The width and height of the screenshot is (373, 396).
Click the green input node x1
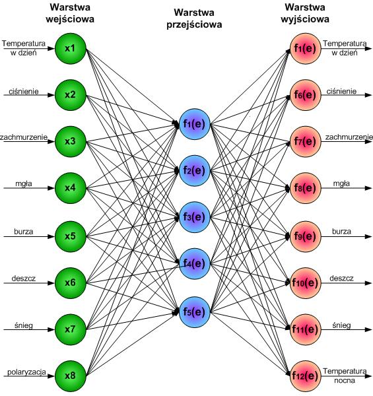71,48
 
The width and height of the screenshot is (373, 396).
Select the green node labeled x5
71,236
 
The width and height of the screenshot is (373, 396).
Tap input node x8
71,376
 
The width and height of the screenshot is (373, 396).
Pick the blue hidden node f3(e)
195,217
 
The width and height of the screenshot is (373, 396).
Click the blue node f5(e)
195,312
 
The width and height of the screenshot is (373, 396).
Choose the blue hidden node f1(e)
195,124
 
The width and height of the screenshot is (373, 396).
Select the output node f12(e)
305,376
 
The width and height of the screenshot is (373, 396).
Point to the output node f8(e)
305,188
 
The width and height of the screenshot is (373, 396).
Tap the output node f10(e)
305,282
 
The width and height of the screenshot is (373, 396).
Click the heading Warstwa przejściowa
194,18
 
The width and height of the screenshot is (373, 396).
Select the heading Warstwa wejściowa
70,13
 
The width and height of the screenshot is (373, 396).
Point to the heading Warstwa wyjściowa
305,13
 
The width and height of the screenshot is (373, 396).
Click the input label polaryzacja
26,372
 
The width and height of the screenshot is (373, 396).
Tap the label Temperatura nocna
345,376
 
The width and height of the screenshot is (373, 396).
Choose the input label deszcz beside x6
24,279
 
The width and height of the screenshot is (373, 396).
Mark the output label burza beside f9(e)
341,232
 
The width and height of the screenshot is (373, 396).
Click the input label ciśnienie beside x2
24,91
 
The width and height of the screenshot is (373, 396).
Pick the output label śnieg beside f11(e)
341,325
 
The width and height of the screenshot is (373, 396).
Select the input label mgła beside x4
24,183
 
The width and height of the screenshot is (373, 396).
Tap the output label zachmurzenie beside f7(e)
349,137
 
